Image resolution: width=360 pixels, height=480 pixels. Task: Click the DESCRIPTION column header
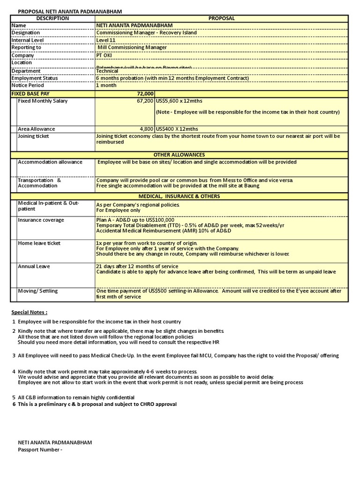click(52, 18)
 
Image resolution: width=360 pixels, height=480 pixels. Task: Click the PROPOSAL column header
click(221, 18)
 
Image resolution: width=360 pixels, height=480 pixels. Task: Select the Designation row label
click(26, 33)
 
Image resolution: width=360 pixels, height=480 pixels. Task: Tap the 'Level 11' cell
click(105, 40)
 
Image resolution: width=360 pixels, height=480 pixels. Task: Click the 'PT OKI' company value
click(104, 55)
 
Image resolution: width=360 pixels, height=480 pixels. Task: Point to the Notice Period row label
click(28, 85)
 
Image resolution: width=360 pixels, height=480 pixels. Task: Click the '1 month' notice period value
click(106, 85)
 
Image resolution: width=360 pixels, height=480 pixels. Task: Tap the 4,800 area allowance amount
click(146, 129)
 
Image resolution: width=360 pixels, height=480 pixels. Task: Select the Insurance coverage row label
click(41, 220)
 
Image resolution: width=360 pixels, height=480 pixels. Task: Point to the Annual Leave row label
click(34, 266)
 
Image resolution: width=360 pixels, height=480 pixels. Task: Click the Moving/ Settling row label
click(37, 291)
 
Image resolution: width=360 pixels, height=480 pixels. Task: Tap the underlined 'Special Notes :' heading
click(29, 312)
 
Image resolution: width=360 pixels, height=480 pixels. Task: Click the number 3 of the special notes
click(14, 356)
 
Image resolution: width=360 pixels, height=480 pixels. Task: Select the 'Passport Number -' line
click(40, 450)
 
